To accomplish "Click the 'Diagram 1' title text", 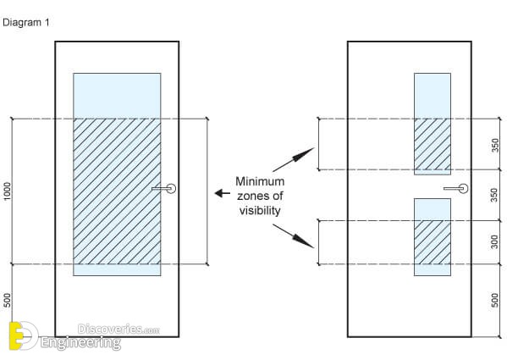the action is coord(26,23).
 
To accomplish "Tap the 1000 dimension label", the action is coord(7,191).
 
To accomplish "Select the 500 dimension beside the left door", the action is coord(7,300).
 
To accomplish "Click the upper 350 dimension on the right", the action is coord(494,145).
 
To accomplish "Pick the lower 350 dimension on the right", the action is coord(494,195).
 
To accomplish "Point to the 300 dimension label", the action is coord(494,242).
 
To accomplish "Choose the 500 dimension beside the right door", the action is coord(494,300).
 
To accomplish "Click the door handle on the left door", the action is coord(164,188).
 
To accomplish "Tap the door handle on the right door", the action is coord(456,188).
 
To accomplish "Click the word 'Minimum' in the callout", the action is coord(260,181).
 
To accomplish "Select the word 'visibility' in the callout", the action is coord(260,211).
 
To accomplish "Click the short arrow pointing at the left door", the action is coord(223,193).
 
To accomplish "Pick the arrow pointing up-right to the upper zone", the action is coord(294,159).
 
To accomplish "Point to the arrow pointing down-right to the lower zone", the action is coord(294,236).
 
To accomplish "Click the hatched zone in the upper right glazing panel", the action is coord(433,144).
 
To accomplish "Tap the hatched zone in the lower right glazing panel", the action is coord(433,242).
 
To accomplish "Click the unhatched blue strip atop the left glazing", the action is coord(117,96).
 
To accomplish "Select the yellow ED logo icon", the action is coord(24,335).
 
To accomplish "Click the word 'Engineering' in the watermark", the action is coord(81,343).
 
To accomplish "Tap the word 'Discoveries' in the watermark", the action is coord(110,330).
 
